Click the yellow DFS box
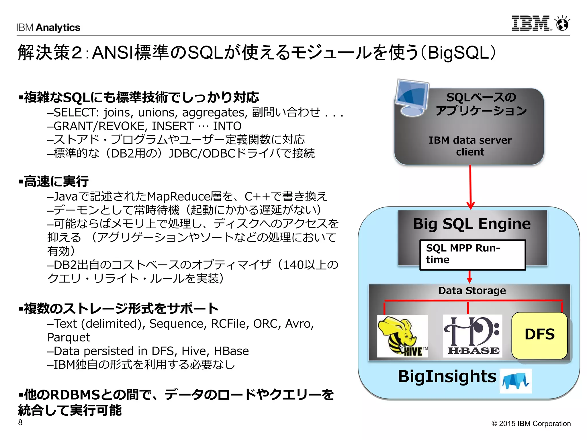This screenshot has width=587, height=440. click(x=539, y=335)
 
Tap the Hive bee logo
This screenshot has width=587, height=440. click(x=402, y=336)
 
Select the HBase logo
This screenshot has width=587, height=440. click(x=472, y=336)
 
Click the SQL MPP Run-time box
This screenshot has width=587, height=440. click(x=472, y=255)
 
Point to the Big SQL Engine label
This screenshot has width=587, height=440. click(x=472, y=224)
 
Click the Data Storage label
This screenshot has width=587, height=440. click(x=472, y=291)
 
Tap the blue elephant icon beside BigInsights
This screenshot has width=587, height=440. click(x=516, y=381)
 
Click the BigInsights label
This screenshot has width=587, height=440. click(x=447, y=376)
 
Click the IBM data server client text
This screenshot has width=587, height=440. click(x=470, y=146)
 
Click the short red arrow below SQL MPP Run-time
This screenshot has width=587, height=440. click(x=469, y=276)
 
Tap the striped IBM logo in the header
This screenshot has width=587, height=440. click(x=531, y=23)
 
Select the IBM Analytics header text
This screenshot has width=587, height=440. click(x=48, y=27)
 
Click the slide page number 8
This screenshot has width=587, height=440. click(x=20, y=422)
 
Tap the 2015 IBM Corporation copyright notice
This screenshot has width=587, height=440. click(x=531, y=423)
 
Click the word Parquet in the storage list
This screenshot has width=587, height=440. click(x=69, y=337)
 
